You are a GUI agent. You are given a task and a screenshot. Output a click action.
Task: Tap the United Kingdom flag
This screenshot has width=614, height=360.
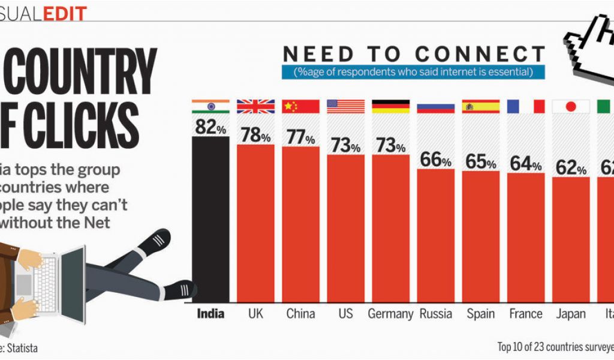(255, 106)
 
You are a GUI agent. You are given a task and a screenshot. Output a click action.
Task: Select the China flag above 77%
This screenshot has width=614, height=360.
(300, 106)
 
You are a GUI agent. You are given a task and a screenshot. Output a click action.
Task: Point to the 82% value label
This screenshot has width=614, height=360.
(210, 127)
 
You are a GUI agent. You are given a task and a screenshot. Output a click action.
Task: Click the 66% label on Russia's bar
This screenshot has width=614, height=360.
(435, 160)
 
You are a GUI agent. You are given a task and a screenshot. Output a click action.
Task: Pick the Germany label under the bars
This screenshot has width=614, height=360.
(390, 314)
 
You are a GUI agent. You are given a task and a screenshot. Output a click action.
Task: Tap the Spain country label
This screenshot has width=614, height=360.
(481, 314)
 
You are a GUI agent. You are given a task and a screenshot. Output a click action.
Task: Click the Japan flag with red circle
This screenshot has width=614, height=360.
(571, 106)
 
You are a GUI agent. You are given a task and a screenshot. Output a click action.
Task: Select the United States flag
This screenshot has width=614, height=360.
(345, 106)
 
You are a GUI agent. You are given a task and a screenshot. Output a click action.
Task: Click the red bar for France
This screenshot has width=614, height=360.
(526, 240)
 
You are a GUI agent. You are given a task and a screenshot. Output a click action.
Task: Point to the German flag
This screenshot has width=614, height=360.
(390, 106)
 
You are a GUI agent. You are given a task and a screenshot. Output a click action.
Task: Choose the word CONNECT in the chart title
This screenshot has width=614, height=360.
(480, 54)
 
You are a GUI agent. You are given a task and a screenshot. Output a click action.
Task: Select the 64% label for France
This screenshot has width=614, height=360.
(526, 164)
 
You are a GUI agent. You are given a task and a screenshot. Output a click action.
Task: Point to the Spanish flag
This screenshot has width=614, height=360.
(481, 106)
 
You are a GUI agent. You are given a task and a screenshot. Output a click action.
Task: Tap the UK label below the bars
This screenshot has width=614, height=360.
(255, 314)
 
